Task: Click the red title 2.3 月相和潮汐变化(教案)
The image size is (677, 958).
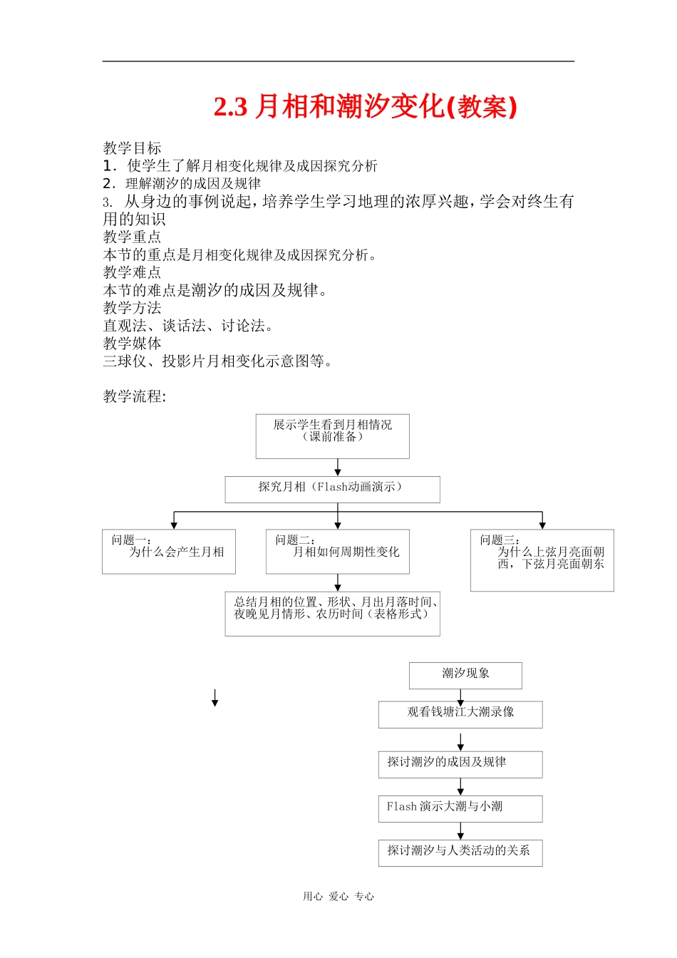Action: tap(365, 107)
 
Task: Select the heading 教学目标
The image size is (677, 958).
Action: tap(133, 148)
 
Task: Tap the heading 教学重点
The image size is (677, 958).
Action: tap(133, 237)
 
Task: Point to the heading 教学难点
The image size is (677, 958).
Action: tap(133, 272)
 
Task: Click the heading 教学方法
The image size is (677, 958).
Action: tap(133, 308)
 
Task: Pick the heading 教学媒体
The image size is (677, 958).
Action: tap(133, 343)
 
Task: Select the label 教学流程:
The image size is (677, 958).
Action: tap(135, 396)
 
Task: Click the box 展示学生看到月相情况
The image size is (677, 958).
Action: tap(333, 436)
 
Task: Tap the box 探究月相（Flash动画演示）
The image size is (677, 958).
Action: tap(332, 489)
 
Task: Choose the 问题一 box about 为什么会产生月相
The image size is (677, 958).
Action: tap(169, 551)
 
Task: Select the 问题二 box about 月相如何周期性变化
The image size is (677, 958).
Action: tap(338, 551)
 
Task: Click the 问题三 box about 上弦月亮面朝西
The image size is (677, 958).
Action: tap(542, 560)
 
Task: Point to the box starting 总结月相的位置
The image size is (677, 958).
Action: tap(332, 613)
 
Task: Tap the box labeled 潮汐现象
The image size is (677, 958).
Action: tap(465, 675)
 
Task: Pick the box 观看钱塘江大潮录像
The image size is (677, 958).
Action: tap(460, 714)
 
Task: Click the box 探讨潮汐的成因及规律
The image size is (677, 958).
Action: tap(460, 764)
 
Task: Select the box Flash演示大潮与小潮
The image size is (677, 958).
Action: tap(460, 808)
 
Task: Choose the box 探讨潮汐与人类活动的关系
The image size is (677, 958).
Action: tap(460, 853)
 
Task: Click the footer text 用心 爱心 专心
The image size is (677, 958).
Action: tap(338, 897)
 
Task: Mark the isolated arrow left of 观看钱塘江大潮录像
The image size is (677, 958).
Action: tap(215, 698)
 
